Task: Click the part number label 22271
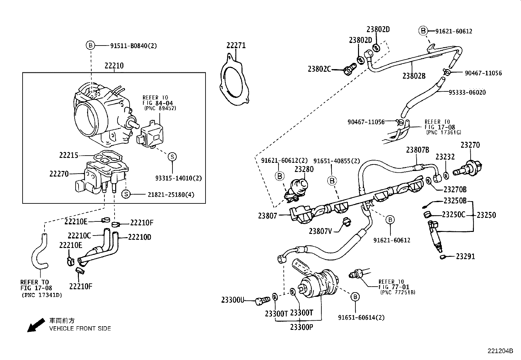point(236,46)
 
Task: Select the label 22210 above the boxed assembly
point(114,66)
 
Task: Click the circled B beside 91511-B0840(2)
point(90,46)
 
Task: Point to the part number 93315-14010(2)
point(179,178)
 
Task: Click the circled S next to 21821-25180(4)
point(126,195)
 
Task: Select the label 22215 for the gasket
point(69,155)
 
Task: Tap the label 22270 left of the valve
point(59,174)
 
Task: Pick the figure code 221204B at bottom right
point(500,351)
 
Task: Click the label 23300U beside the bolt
point(233,300)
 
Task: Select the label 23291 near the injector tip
point(465,256)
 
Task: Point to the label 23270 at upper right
point(470,145)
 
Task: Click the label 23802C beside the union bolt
point(319,69)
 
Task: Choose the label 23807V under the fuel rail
point(320,231)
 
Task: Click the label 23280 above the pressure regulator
point(304,169)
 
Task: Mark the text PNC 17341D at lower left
point(42,295)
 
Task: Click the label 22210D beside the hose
point(140,237)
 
